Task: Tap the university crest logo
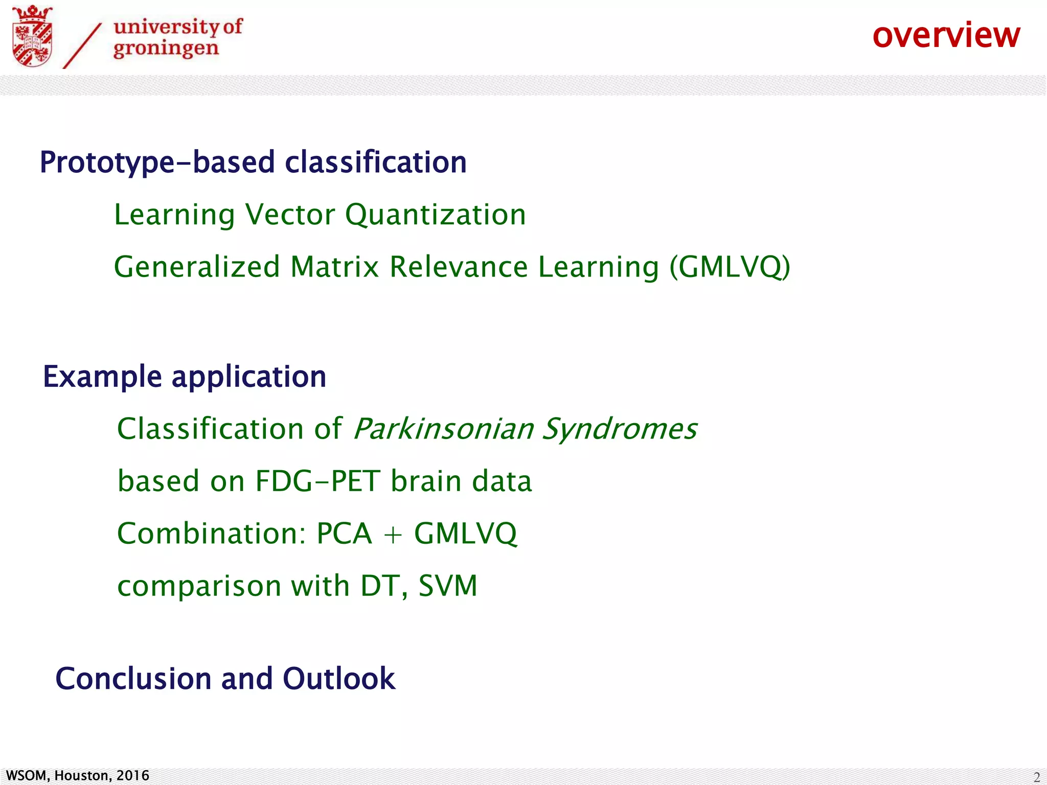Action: click(x=32, y=37)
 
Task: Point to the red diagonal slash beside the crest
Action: click(x=82, y=46)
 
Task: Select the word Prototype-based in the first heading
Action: click(x=157, y=163)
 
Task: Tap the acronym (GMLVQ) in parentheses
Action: click(x=730, y=267)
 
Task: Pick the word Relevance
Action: click(x=459, y=267)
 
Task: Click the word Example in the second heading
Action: click(x=102, y=377)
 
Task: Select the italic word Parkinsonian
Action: click(x=443, y=429)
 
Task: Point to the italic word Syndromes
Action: click(x=619, y=429)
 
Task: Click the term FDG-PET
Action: click(x=317, y=481)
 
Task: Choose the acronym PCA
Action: click(x=344, y=534)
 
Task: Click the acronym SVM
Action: click(x=448, y=586)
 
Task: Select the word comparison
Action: click(x=199, y=587)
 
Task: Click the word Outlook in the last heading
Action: click(x=338, y=679)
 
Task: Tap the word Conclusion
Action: click(x=133, y=679)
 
